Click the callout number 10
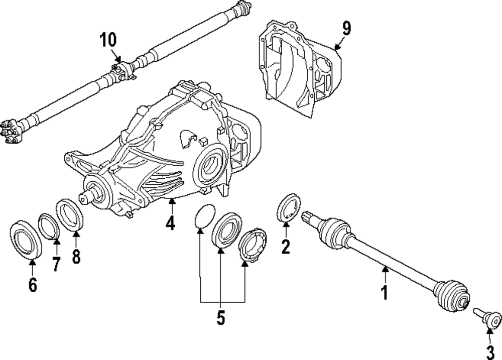point(108,39)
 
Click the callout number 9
point(346,28)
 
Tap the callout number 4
point(171,222)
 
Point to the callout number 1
point(385,292)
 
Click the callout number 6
point(33,284)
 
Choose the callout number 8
point(76,256)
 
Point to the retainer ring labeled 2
point(290,208)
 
